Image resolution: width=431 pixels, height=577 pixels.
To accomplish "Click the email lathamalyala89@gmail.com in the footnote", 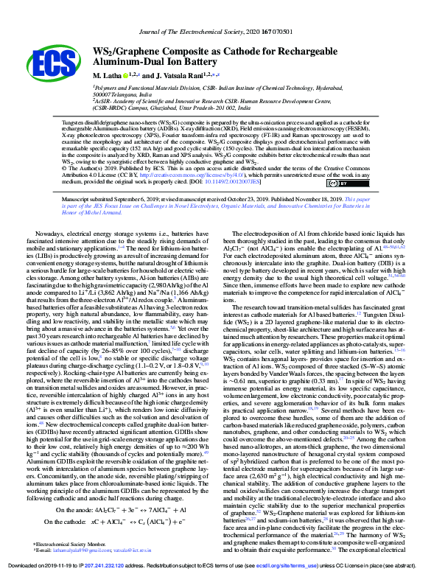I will (92, 550).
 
